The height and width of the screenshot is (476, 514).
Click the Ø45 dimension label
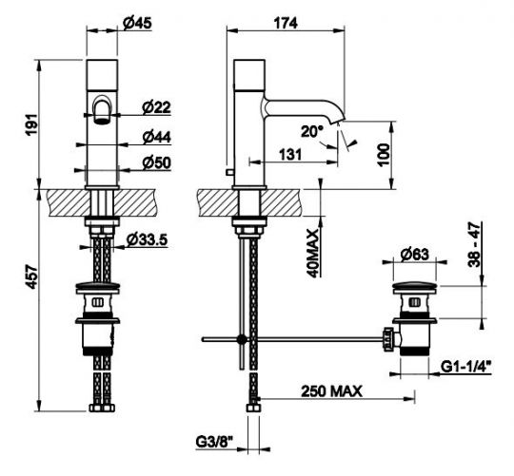pyautogui.click(x=137, y=23)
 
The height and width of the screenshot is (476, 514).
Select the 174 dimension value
pyautogui.click(x=286, y=23)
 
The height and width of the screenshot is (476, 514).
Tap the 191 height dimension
pyautogui.click(x=32, y=124)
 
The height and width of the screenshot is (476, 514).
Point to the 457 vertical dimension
pyautogui.click(x=32, y=277)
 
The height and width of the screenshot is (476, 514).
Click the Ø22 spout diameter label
pyautogui.click(x=156, y=107)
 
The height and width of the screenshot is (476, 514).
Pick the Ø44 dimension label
pyautogui.click(x=156, y=137)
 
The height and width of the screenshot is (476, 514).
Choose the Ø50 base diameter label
pyautogui.click(x=156, y=162)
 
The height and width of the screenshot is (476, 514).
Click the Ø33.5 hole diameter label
pyautogui.click(x=147, y=239)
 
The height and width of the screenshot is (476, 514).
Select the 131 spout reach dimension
pyautogui.click(x=290, y=155)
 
